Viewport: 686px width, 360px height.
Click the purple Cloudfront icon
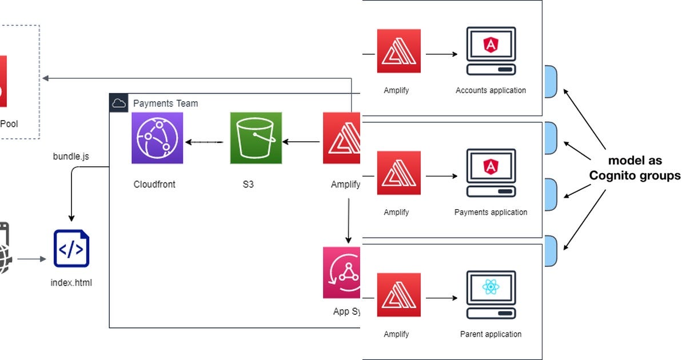(157, 138)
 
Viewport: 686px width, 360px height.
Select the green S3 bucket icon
(256, 138)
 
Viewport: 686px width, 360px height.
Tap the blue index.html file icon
(71, 249)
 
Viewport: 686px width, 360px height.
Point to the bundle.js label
(71, 155)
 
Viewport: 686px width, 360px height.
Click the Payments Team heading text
(165, 103)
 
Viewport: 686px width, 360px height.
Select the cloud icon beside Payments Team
(119, 103)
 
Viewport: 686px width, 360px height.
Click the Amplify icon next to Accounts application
(398, 51)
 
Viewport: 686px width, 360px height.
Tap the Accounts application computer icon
(490, 51)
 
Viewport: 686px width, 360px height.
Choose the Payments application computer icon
(490, 173)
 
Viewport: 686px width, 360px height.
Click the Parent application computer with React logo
(490, 295)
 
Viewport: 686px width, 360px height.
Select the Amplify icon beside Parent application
(398, 295)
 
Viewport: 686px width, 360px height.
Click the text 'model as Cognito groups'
(635, 168)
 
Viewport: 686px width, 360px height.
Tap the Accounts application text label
(490, 90)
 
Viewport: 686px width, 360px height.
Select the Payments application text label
(490, 212)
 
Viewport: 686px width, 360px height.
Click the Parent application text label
(490, 334)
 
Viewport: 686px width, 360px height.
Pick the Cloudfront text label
(154, 184)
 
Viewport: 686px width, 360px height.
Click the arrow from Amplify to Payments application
(441, 176)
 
